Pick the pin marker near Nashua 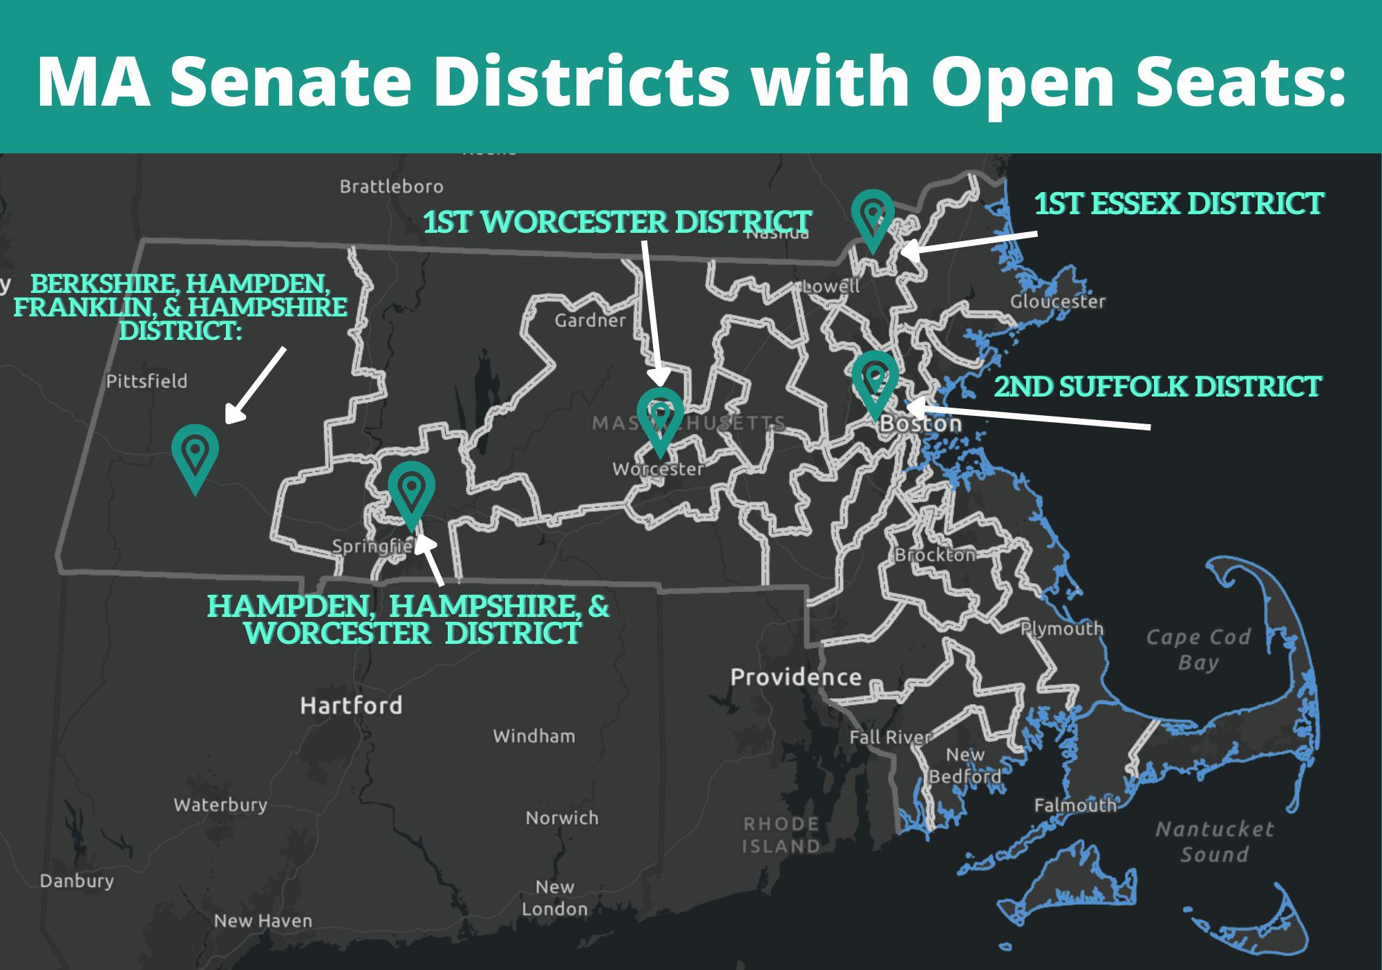tap(873, 218)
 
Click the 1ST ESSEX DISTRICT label tap(1179, 204)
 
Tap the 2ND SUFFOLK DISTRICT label tap(1157, 387)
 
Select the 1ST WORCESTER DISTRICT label tap(617, 222)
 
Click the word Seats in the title tap(1230, 82)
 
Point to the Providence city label tap(796, 677)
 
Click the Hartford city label tap(351, 705)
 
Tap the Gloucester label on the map tap(1057, 302)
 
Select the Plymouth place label tap(1062, 629)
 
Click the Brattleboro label tap(391, 187)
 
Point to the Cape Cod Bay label tap(1198, 649)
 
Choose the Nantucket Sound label tap(1214, 841)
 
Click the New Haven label tap(263, 921)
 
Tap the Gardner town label tap(590, 321)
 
